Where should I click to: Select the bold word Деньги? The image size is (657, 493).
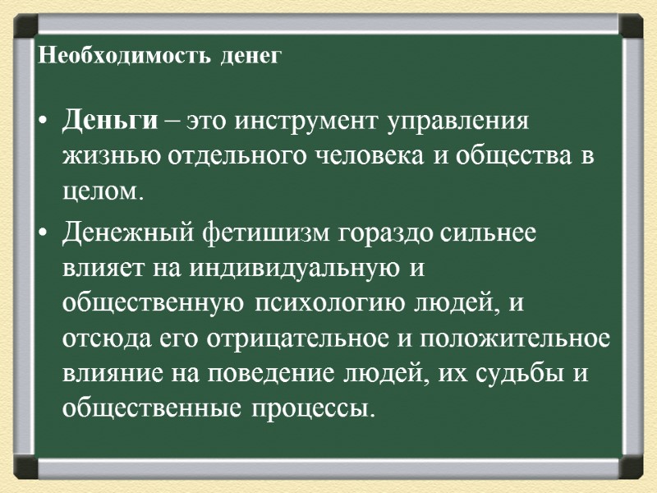coord(108,123)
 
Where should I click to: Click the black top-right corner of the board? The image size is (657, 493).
coord(630,25)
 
